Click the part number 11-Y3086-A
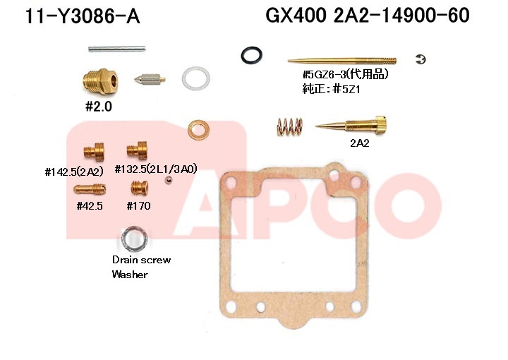point(83,16)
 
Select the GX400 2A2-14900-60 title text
point(368,16)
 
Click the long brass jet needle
point(342,61)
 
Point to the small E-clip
point(421,59)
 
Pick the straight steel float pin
point(117,49)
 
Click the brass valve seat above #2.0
point(100,81)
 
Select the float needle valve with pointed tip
point(150,79)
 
